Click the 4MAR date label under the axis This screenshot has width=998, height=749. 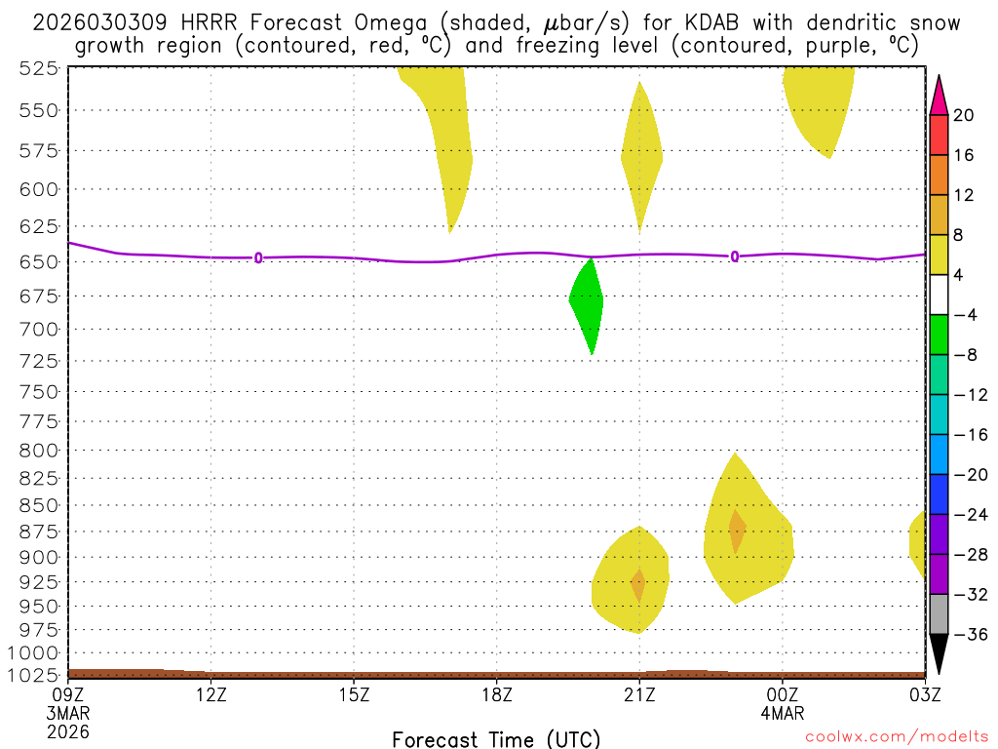click(783, 713)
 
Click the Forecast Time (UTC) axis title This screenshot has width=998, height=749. click(496, 738)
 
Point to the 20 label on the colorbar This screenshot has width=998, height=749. click(964, 115)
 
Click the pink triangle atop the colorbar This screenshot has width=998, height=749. click(939, 95)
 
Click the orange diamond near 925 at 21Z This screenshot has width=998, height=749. click(638, 584)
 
